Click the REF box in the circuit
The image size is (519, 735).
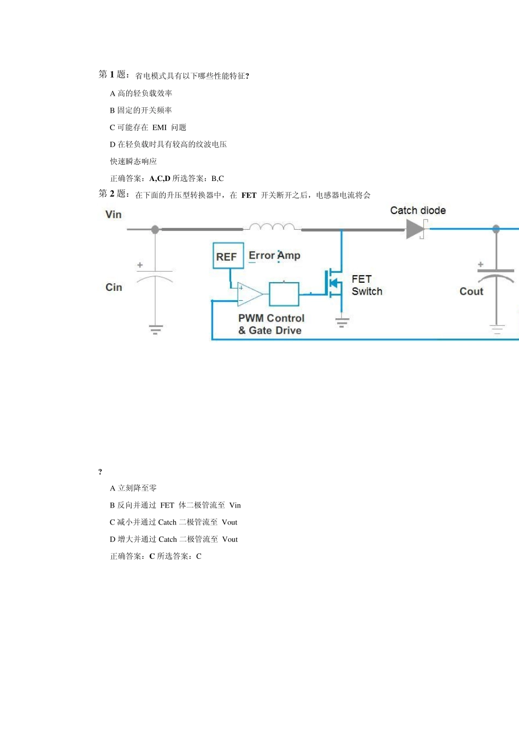click(228, 255)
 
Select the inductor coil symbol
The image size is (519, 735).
click(272, 226)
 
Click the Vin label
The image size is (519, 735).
click(114, 214)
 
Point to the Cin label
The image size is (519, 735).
click(114, 288)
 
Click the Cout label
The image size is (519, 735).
click(471, 291)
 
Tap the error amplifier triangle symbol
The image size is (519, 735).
click(250, 294)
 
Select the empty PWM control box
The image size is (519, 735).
click(284, 294)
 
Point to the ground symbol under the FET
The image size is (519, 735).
click(341, 322)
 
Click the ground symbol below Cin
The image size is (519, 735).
click(155, 329)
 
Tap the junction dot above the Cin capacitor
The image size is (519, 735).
click(155, 229)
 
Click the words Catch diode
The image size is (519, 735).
click(418, 211)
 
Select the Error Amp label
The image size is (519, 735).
click(274, 255)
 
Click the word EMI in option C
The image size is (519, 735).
click(160, 127)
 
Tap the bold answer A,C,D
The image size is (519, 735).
click(160, 178)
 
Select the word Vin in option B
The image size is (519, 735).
click(235, 505)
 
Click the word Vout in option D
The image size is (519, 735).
click(230, 539)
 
